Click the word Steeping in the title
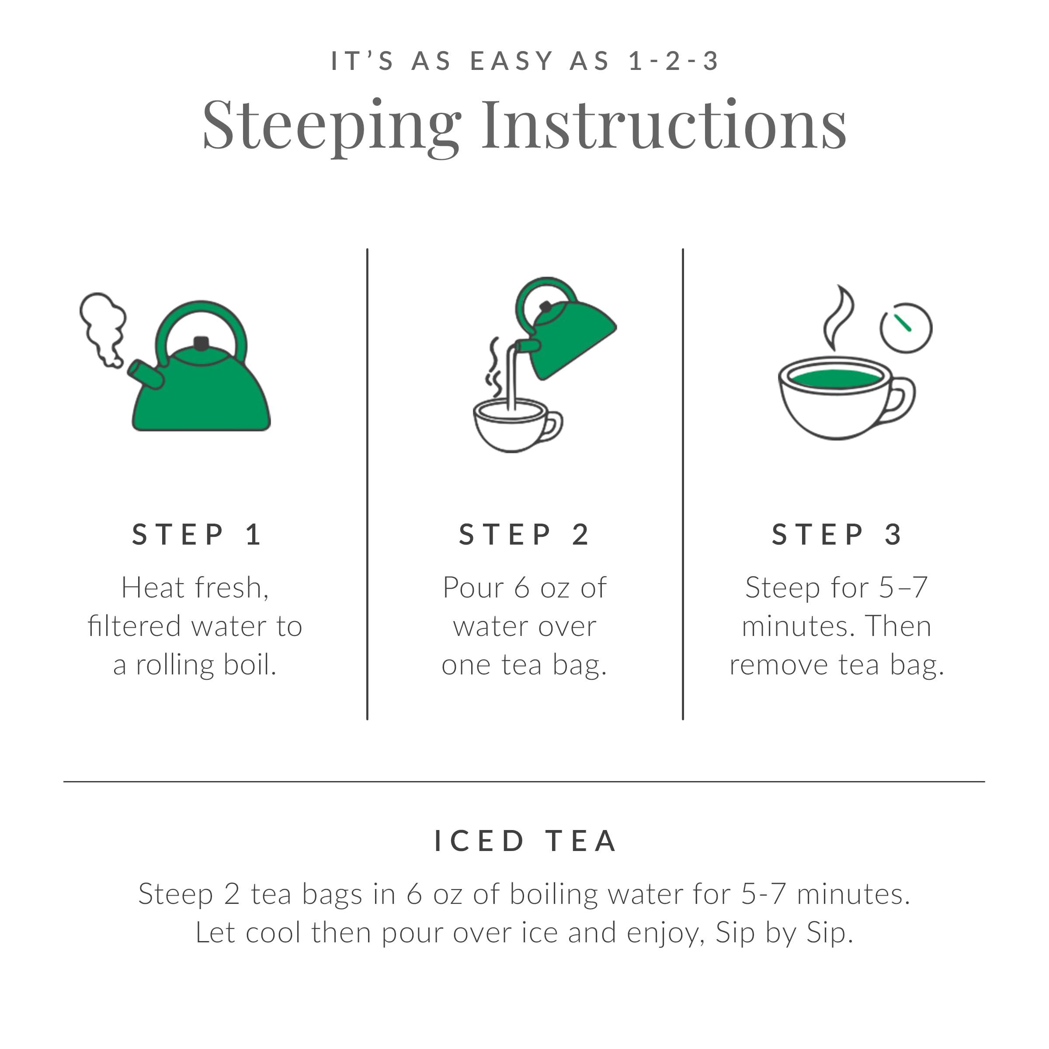click(331, 126)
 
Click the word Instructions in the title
click(663, 126)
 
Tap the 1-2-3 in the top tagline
click(673, 61)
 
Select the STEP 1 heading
click(198, 535)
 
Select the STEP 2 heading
click(524, 535)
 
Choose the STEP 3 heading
click(837, 535)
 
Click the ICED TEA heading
click(525, 841)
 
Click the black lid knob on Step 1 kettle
click(201, 343)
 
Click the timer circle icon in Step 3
click(906, 327)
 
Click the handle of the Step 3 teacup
click(901, 401)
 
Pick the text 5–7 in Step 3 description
click(903, 587)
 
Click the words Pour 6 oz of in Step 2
click(524, 587)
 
